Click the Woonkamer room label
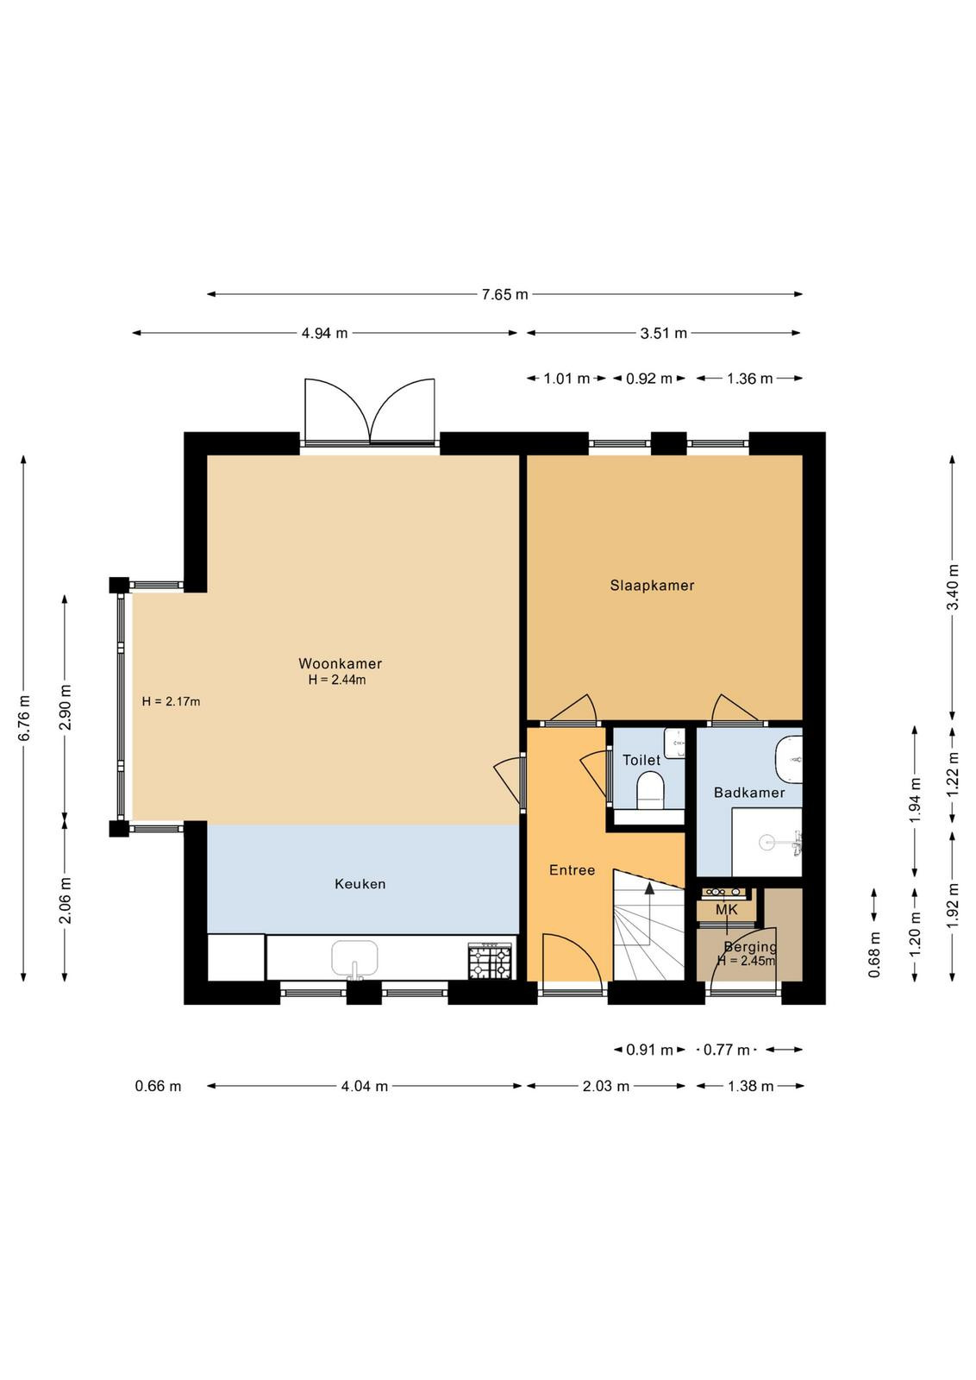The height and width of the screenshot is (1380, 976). click(340, 663)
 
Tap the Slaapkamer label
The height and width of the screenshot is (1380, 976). click(652, 586)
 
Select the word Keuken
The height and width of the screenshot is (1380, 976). click(360, 883)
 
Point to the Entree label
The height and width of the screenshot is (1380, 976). click(572, 870)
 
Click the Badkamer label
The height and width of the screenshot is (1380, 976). click(749, 793)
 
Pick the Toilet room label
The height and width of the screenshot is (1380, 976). click(641, 760)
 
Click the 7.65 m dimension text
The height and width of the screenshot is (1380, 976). click(505, 294)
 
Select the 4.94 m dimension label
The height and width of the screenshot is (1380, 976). click(324, 333)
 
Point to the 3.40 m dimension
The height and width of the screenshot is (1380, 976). click(953, 586)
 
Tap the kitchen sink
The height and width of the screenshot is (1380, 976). click(354, 958)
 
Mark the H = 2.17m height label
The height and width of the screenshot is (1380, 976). click(172, 701)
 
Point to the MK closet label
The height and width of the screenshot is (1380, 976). click(727, 910)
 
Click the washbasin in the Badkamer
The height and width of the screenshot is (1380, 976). click(790, 760)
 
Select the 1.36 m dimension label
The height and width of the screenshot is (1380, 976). click(749, 379)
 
